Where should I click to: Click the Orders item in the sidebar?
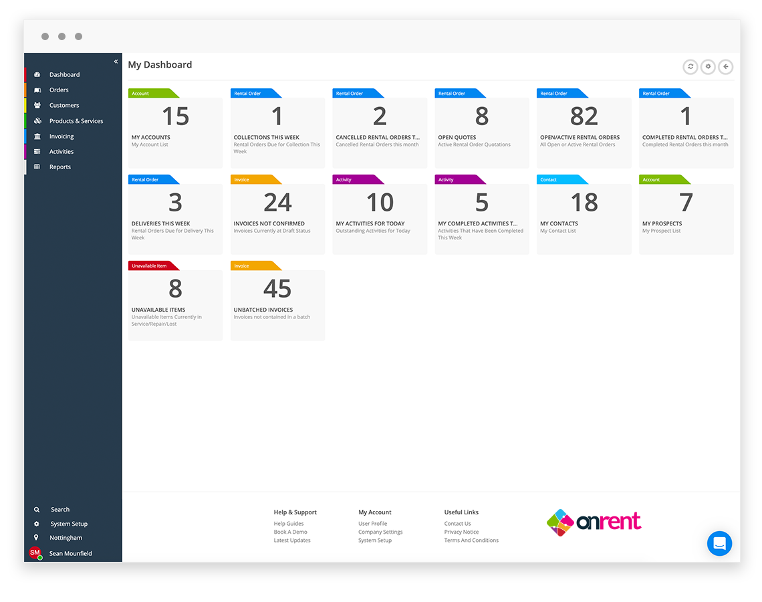click(59, 90)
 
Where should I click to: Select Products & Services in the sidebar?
click(76, 121)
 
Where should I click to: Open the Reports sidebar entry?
click(59, 167)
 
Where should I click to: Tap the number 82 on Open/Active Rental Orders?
click(584, 117)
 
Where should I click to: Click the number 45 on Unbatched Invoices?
click(277, 289)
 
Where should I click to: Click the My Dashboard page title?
click(160, 65)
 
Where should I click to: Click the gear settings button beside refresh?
click(708, 67)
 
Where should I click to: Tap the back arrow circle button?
click(725, 67)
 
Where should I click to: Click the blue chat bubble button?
click(719, 544)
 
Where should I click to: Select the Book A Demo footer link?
click(290, 532)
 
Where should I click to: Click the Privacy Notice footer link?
click(461, 532)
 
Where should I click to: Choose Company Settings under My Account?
click(380, 532)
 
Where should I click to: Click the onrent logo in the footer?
click(594, 522)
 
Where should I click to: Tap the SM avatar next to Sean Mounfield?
click(35, 553)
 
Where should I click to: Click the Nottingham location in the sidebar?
click(66, 538)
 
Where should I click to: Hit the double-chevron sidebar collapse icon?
click(116, 62)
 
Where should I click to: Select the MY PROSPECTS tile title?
click(662, 224)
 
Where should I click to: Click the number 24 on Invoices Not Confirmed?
click(277, 203)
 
